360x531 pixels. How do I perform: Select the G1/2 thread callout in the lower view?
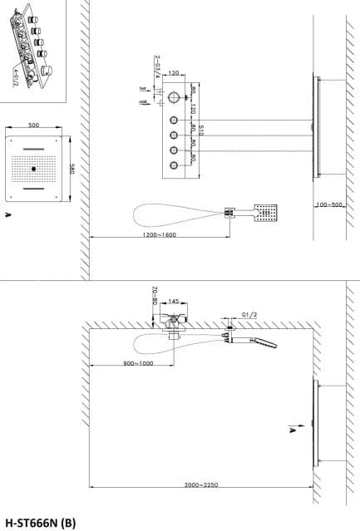[x=249, y=315]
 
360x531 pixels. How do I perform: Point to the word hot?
[x=145, y=89]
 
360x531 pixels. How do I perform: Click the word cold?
[x=144, y=102]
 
